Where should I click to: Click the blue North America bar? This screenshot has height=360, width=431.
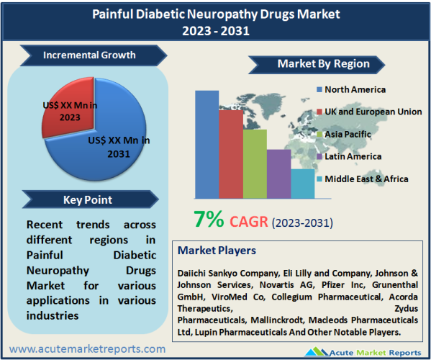click(207, 145)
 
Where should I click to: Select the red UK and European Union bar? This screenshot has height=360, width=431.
click(231, 154)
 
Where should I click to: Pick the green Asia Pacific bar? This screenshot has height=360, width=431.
click(255, 163)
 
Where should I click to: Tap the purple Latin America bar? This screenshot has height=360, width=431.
click(278, 174)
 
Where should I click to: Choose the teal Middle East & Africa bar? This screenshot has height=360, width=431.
click(303, 184)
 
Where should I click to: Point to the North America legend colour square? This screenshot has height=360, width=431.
click(319, 89)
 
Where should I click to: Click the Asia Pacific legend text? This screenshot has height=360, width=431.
click(348, 134)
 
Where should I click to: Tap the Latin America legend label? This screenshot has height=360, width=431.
click(353, 156)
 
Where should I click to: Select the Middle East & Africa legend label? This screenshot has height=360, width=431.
click(366, 179)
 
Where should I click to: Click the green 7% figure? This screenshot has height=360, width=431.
click(209, 219)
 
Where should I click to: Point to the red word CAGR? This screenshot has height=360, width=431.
click(249, 222)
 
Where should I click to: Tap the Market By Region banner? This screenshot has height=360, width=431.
click(317, 65)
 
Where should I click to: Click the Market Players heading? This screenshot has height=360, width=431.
click(217, 251)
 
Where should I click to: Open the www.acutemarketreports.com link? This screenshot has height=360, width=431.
click(87, 349)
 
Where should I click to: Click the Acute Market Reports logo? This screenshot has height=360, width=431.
click(363, 352)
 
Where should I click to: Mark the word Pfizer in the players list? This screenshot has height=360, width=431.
click(333, 285)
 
